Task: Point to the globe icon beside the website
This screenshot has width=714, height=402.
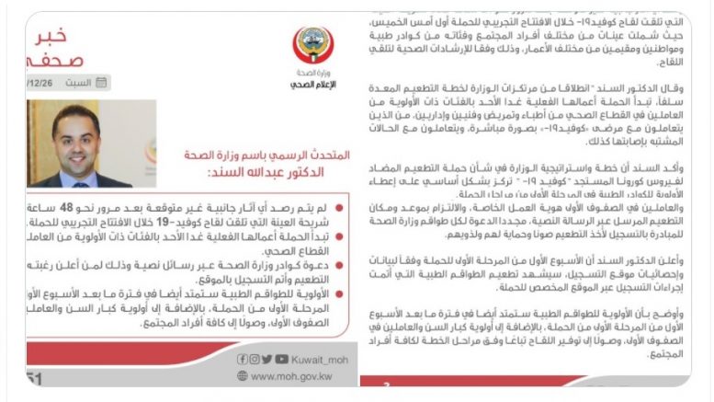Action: tap(242, 375)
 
